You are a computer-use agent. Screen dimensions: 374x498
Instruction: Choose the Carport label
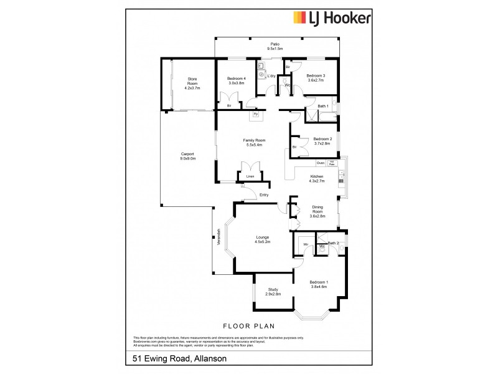click(188, 154)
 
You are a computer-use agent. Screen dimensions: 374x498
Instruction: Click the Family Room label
click(253, 141)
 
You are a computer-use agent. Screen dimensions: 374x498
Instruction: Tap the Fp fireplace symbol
click(256, 115)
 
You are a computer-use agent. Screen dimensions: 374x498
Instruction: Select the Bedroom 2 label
click(322, 138)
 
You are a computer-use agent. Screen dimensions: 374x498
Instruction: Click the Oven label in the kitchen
click(320, 163)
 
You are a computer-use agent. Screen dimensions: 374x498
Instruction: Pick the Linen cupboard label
click(250, 177)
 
